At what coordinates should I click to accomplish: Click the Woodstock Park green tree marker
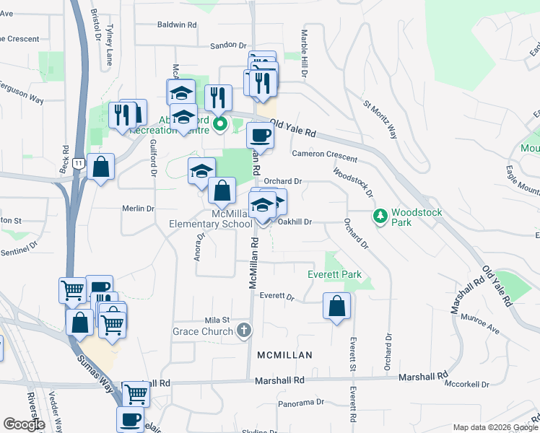pos(380,215)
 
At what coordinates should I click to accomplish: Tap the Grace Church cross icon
pos(245,331)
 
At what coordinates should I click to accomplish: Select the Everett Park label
pos(334,274)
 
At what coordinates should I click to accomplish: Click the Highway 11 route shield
pos(77,164)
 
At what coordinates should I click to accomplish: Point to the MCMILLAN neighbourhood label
pos(285,355)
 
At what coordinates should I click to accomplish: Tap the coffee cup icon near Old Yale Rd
pos(260,134)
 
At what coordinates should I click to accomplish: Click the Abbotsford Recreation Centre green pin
pos(221,125)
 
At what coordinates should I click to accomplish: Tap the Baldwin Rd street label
pos(177,25)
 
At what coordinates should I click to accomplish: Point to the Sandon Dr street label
pos(229,45)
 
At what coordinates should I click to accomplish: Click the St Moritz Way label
pos(380,119)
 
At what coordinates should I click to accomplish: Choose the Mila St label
pos(217,320)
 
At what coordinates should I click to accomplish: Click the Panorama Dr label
pos(302,402)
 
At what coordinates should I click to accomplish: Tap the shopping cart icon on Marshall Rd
pos(136,394)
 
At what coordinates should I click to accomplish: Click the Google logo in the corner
pos(24,424)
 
